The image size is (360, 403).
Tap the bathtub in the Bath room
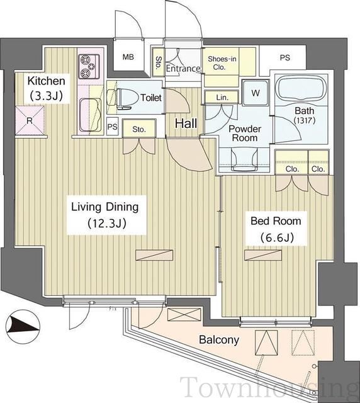coord(301,89)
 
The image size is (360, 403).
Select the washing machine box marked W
coord(255,93)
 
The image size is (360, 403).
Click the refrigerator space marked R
coord(30,120)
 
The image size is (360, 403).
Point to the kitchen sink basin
coord(90,115)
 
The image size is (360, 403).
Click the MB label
coord(128,57)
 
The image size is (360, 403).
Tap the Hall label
coord(186,123)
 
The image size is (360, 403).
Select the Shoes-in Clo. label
coord(222,63)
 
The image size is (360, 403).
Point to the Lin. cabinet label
coord(222,98)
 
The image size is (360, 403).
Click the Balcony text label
coord(219,340)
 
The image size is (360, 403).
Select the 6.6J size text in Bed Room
coord(277,237)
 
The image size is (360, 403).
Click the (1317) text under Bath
coord(305,120)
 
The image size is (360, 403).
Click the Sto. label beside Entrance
coord(159,62)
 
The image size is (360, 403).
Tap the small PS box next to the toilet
coord(112,127)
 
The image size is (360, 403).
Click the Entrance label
coord(183,69)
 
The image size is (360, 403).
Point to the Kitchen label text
coord(46,81)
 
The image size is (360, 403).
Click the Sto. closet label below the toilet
coord(139,130)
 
